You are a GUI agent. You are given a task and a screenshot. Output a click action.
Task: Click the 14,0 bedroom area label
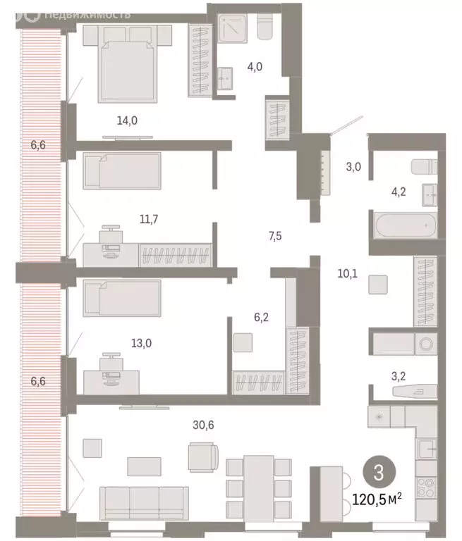coord(127,120)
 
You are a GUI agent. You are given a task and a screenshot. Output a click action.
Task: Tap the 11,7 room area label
coord(148,219)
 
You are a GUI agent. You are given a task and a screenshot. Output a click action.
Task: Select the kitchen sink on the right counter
coord(427,449)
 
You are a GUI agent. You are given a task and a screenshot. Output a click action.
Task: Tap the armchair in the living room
coord(203,456)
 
